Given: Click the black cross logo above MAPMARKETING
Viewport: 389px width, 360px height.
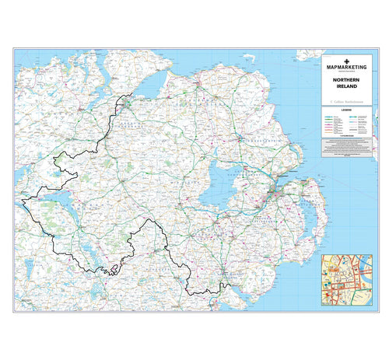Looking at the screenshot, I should click(x=347, y=58).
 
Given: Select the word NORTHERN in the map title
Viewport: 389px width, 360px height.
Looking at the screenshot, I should click(x=347, y=80).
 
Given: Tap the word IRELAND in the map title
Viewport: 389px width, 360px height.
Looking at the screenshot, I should click(x=347, y=87).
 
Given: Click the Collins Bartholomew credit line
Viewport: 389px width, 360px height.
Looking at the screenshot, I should click(x=347, y=100).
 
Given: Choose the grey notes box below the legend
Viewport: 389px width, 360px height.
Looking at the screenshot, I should click(x=347, y=149).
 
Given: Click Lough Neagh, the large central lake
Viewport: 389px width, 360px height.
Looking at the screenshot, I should click(x=215, y=187).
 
